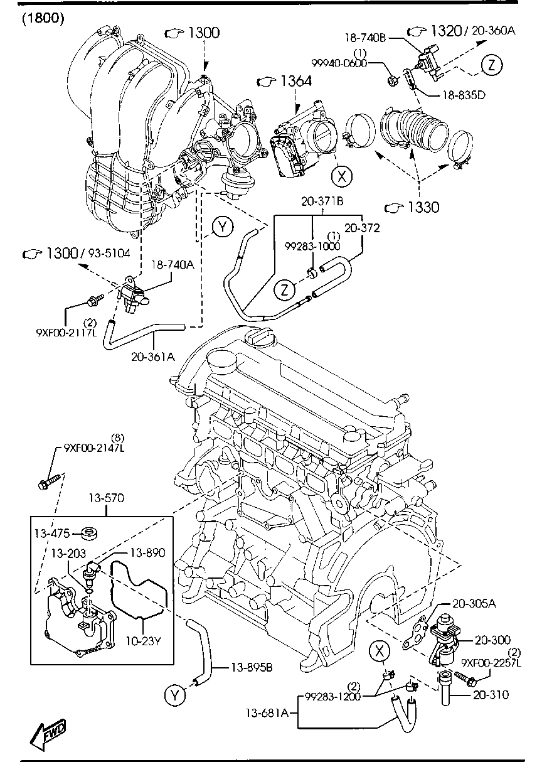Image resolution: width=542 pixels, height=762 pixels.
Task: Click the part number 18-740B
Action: click(x=366, y=38)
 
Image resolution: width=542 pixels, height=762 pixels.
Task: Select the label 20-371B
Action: click(x=322, y=202)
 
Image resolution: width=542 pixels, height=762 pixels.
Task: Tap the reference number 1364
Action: click(x=295, y=81)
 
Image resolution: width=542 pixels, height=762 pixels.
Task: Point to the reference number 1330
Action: click(x=422, y=207)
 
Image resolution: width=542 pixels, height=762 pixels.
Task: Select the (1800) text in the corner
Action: click(x=43, y=18)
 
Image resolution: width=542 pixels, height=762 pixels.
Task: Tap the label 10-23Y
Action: click(x=144, y=642)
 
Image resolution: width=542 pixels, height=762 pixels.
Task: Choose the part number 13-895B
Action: click(x=251, y=667)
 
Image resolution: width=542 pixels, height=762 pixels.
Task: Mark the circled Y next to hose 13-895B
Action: click(x=176, y=694)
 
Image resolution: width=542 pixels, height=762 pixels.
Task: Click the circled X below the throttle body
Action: click(x=341, y=176)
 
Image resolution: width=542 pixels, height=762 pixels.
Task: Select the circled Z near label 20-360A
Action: click(x=492, y=64)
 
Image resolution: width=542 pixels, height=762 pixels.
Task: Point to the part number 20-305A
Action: click(x=474, y=603)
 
